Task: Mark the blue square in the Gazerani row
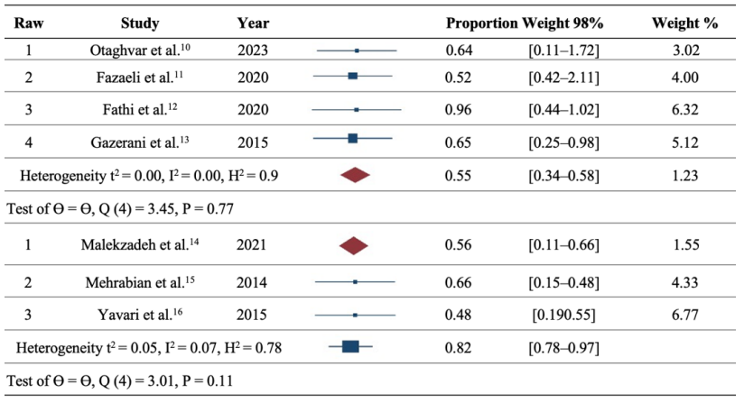[x=353, y=138]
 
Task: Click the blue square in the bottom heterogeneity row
[x=350, y=346]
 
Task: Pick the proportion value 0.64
[x=460, y=50]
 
